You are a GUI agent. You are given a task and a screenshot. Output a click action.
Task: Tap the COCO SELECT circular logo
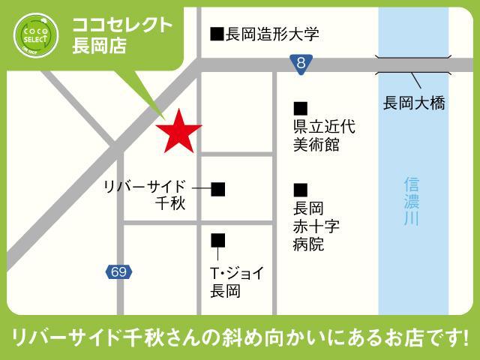point(36,34)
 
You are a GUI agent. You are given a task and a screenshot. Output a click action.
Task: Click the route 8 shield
point(301,65)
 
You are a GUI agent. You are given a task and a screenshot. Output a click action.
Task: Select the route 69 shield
point(118,271)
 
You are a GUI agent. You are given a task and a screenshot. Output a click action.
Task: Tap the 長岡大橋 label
point(414,103)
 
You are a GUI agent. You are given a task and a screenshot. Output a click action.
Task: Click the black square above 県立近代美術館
point(301,109)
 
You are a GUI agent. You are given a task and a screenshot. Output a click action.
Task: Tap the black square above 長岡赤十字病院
point(301,189)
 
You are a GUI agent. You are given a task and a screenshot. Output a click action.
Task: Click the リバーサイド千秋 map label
point(148,195)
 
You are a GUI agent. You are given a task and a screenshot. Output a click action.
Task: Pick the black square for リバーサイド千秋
point(218,189)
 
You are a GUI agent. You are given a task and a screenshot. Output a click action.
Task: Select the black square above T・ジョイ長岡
point(218,240)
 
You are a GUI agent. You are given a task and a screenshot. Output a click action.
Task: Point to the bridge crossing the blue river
point(414,65)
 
